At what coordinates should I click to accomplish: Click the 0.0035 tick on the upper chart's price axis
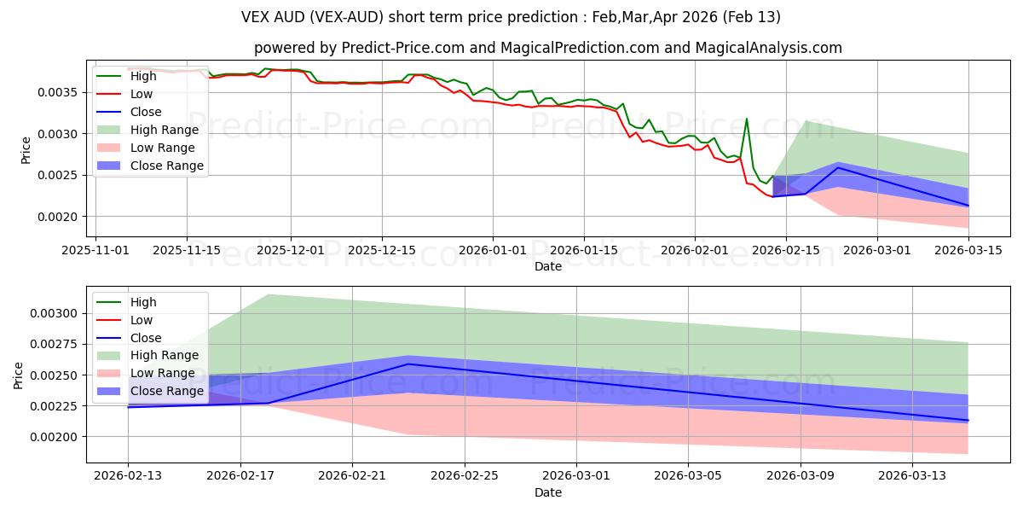(x=61, y=92)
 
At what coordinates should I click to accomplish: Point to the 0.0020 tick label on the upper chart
(x=61, y=217)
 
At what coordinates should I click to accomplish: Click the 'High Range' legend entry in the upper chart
(x=164, y=130)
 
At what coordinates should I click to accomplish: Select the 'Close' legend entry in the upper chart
(x=146, y=112)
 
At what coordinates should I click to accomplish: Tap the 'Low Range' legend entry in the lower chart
(x=162, y=373)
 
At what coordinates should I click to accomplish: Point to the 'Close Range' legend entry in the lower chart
(x=166, y=391)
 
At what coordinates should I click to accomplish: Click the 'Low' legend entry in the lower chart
(x=142, y=320)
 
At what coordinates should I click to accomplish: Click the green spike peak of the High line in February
(x=747, y=119)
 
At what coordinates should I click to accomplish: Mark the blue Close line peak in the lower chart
(x=408, y=364)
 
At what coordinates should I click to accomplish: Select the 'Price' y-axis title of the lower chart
(x=19, y=375)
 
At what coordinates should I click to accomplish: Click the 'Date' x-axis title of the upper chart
(x=547, y=266)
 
